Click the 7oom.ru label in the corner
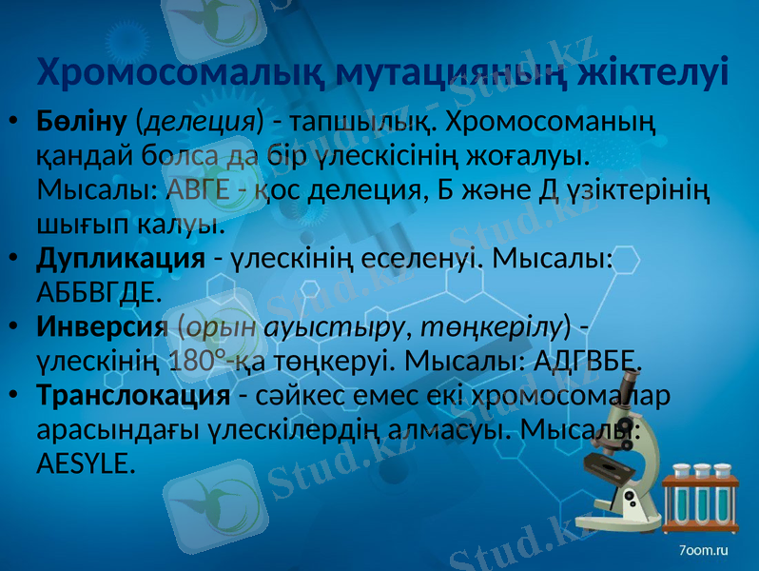(x=705, y=550)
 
